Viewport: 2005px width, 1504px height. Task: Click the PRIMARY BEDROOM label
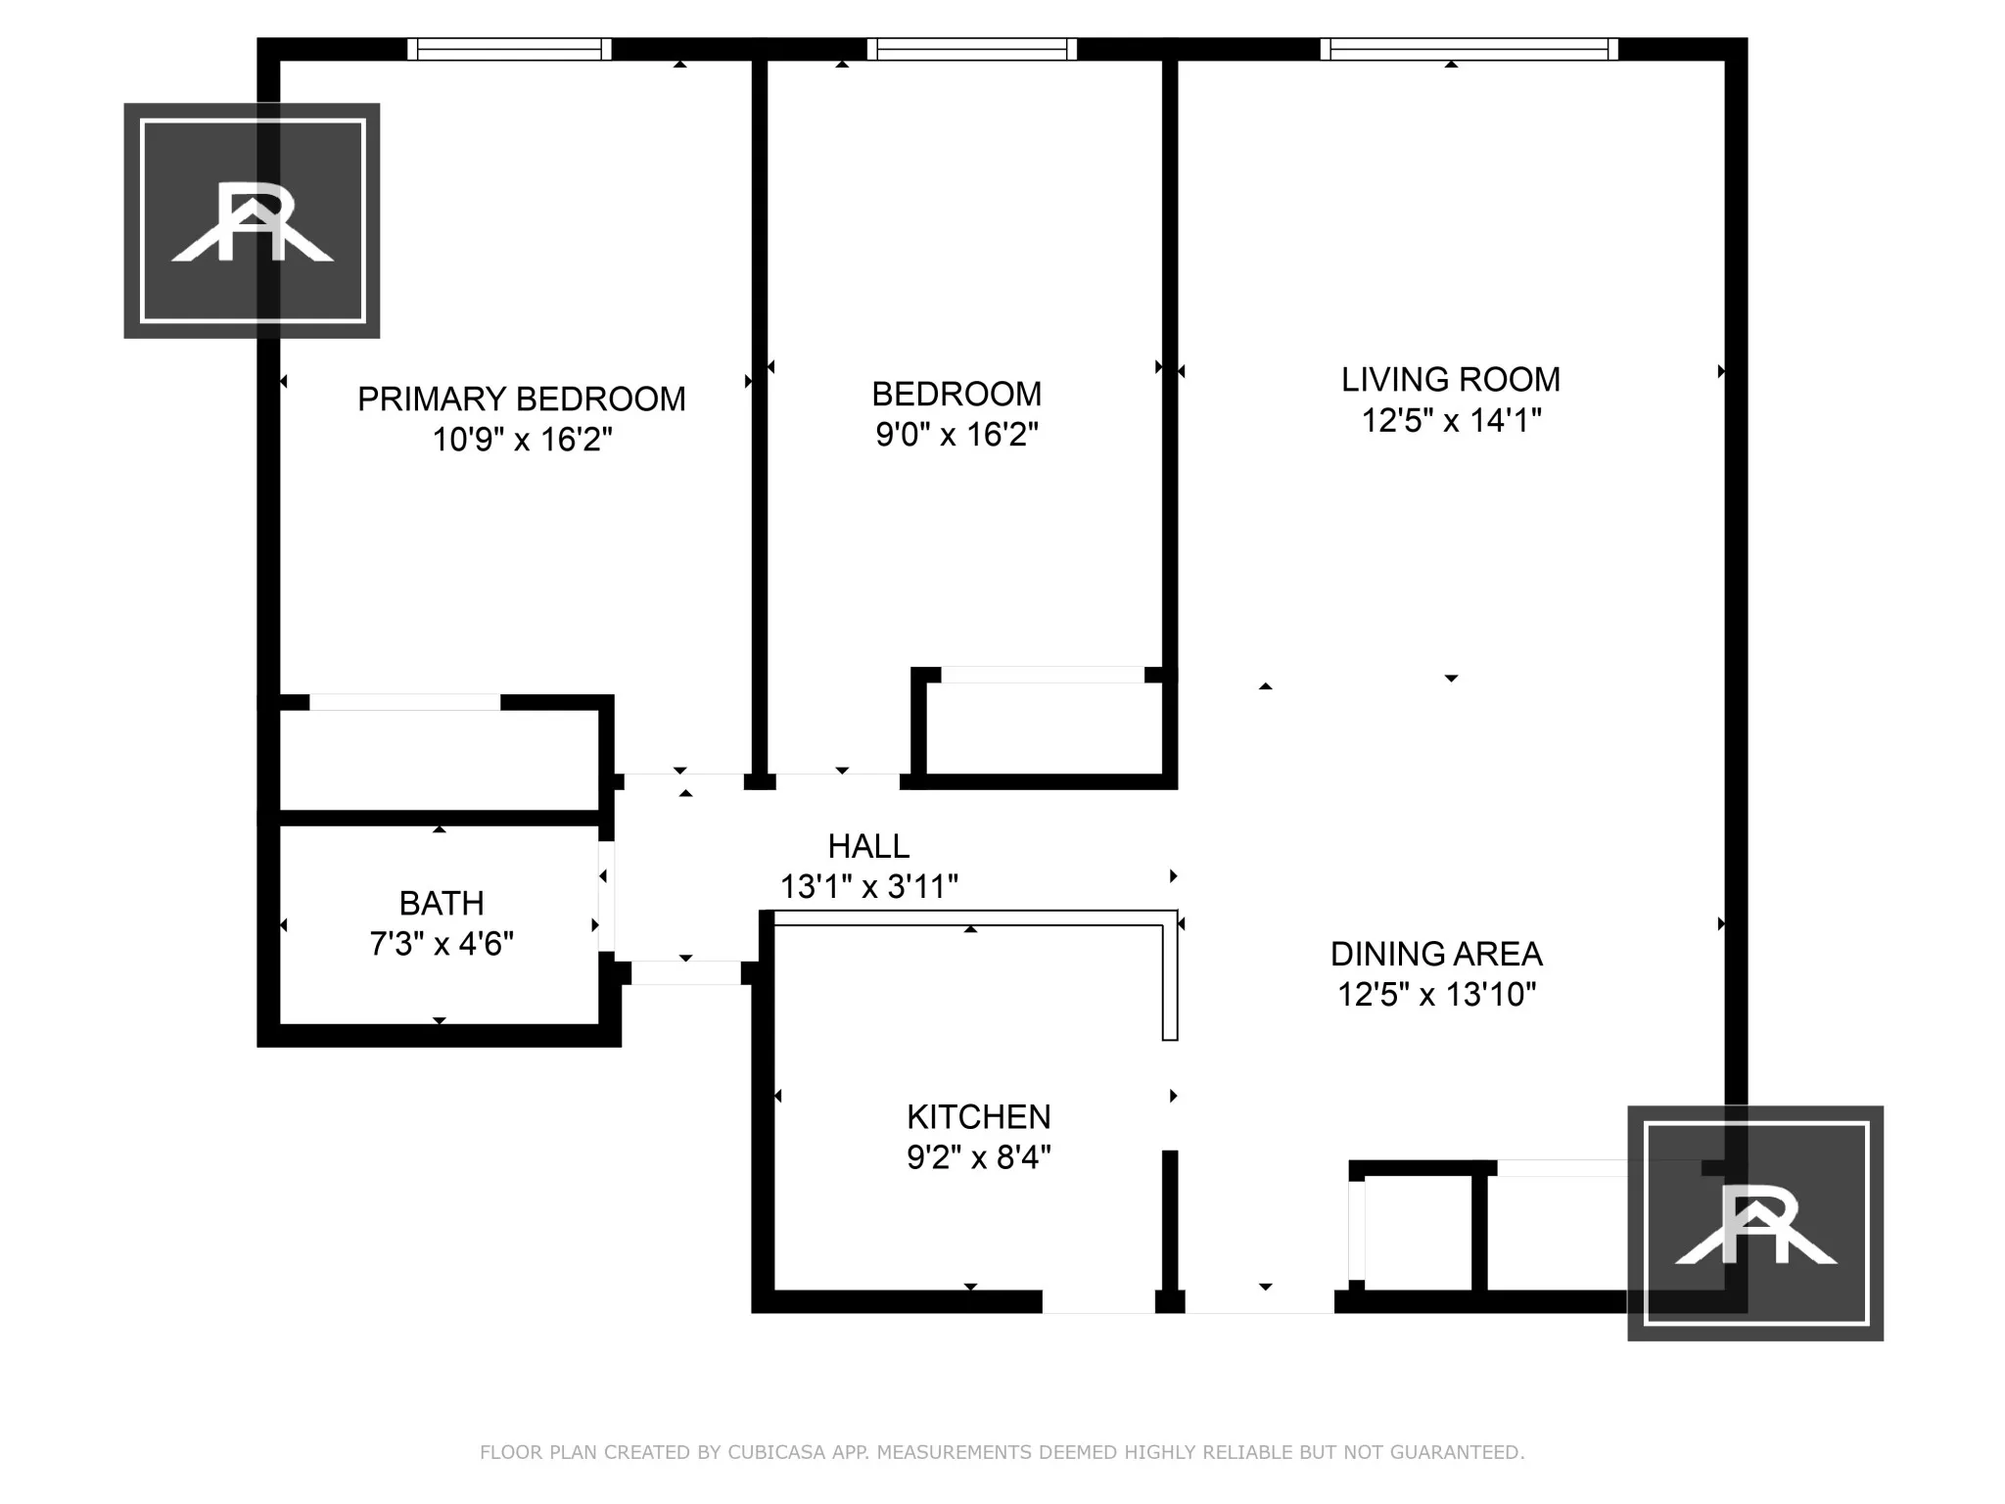(521, 399)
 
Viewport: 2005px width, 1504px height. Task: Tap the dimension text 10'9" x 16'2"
(522, 440)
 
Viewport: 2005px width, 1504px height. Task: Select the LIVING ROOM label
(1450, 380)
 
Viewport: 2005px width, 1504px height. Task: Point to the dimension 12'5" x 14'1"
(1451, 421)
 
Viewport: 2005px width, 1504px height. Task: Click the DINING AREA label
(1436, 954)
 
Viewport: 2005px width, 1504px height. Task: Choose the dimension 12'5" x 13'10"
(1436, 995)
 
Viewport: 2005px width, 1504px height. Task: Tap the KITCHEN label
(978, 1117)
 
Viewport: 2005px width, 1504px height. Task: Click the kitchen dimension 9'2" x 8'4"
(978, 1158)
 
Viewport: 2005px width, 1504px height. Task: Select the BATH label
(442, 903)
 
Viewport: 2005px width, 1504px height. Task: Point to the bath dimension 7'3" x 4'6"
(442, 944)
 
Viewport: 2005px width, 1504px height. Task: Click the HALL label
(868, 846)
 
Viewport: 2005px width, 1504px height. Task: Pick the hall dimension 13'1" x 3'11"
(868, 887)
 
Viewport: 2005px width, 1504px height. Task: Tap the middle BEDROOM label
(956, 395)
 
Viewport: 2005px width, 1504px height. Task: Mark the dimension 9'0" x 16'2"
(956, 435)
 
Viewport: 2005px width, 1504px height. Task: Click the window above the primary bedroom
(509, 49)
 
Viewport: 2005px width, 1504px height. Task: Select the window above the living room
(1469, 49)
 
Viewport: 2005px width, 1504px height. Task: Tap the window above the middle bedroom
(971, 49)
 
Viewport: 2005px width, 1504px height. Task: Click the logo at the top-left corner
(252, 220)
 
